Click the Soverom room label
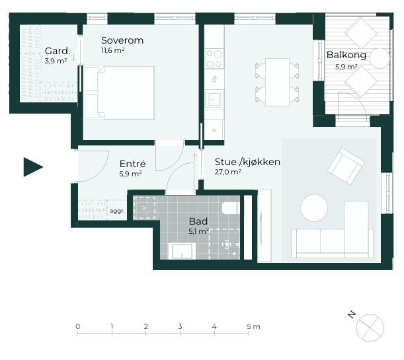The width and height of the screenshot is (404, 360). (x=122, y=40)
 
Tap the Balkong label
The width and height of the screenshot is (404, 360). (x=346, y=55)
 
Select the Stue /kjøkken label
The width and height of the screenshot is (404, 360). (x=247, y=162)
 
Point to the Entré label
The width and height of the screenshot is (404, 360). (x=132, y=164)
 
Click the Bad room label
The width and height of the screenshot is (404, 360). (x=198, y=221)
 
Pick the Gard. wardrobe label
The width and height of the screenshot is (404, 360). (x=58, y=51)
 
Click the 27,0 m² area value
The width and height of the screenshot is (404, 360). (x=227, y=172)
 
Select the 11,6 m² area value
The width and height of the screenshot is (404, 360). (x=112, y=50)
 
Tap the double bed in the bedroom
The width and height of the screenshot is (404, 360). (x=119, y=93)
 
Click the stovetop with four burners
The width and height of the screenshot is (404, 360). (x=214, y=59)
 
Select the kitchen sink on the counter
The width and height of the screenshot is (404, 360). (x=213, y=99)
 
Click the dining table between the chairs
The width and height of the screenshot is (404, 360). (x=277, y=83)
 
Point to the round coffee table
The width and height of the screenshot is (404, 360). (x=314, y=208)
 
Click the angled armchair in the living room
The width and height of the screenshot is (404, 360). (x=346, y=166)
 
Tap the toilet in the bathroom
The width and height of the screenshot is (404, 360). (x=231, y=208)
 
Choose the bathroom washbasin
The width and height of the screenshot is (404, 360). (x=182, y=251)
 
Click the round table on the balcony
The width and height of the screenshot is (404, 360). (x=380, y=58)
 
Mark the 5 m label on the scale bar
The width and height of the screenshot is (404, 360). (x=253, y=326)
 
